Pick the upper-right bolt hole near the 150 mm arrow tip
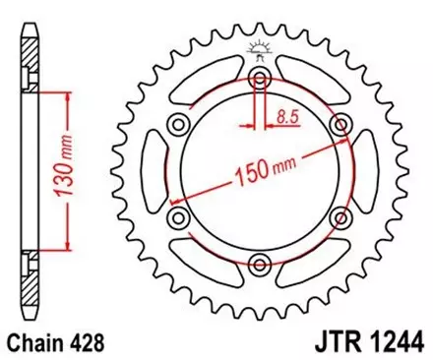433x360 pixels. (341, 123)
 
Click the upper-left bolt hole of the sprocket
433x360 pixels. (178, 123)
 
